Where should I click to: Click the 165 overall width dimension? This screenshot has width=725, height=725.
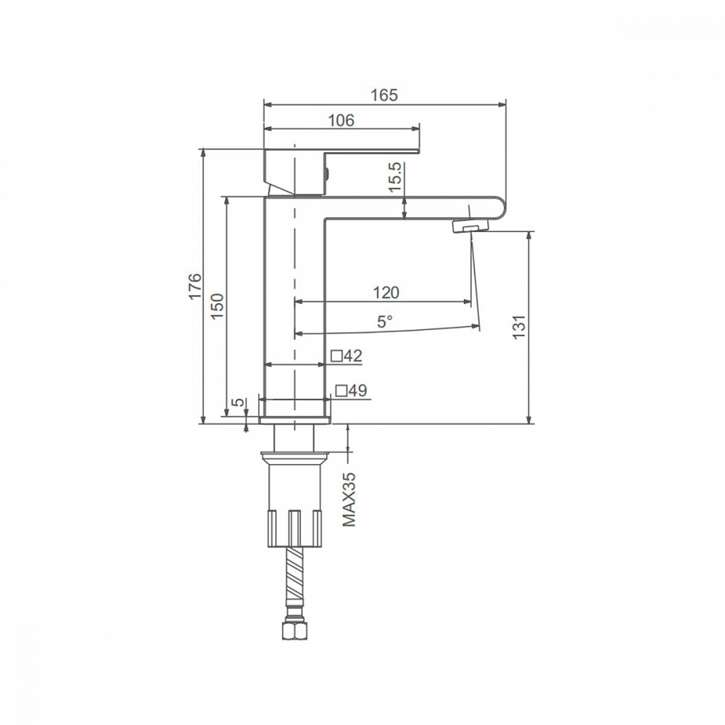pyautogui.click(x=384, y=95)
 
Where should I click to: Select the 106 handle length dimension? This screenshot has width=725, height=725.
pyautogui.click(x=341, y=120)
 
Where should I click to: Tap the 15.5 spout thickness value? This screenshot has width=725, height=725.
pyautogui.click(x=396, y=177)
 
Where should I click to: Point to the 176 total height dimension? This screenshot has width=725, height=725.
pyautogui.click(x=194, y=286)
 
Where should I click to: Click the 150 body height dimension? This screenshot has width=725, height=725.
pyautogui.click(x=217, y=306)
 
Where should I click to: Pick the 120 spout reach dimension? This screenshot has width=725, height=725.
pyautogui.click(x=386, y=293)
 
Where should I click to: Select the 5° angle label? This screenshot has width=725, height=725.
pyautogui.click(x=385, y=321)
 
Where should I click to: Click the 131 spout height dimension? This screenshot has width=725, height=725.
pyautogui.click(x=519, y=326)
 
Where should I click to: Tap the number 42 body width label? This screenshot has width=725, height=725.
pyautogui.click(x=353, y=355)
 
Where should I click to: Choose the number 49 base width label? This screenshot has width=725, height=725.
pyautogui.click(x=357, y=391)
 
